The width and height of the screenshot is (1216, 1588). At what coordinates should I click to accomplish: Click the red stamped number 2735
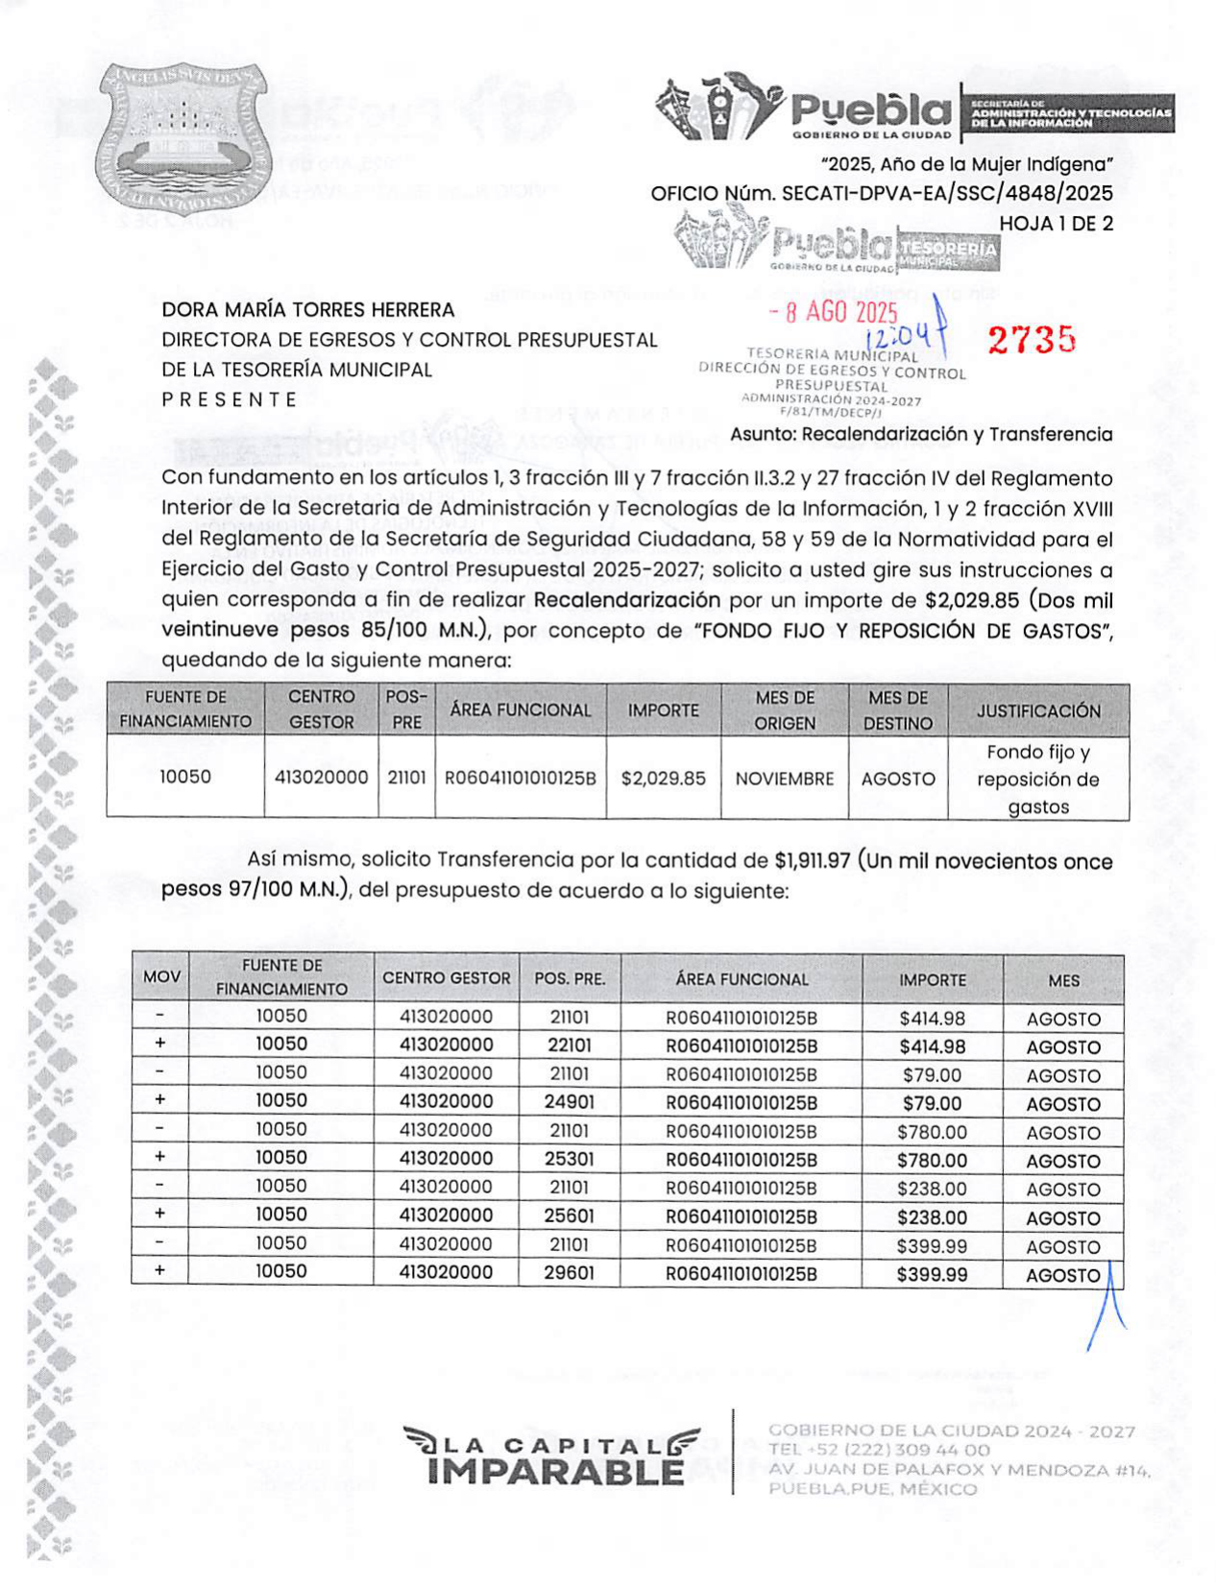[x=1031, y=339]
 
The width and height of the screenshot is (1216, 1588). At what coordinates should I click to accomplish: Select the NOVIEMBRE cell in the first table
[x=784, y=778]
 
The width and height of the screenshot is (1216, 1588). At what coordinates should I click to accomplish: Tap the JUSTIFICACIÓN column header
[x=1037, y=710]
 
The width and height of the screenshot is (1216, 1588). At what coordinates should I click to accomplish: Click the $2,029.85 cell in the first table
[x=663, y=778]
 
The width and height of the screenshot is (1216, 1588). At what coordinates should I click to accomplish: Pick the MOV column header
[x=161, y=977]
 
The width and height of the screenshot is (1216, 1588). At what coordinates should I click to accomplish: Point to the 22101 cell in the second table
[x=569, y=1045]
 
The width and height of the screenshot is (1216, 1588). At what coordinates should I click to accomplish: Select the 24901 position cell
[x=569, y=1101]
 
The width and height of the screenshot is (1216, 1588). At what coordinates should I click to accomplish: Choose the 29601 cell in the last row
[x=569, y=1272]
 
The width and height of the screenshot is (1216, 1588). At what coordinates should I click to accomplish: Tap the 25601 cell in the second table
[x=569, y=1215]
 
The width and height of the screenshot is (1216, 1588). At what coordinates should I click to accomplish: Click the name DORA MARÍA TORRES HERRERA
[x=307, y=309]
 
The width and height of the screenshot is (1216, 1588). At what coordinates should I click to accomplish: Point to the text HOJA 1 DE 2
[x=1056, y=223]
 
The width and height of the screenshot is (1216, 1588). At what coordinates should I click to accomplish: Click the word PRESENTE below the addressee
[x=230, y=399]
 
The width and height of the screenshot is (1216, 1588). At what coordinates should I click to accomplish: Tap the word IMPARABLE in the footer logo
[x=555, y=1471]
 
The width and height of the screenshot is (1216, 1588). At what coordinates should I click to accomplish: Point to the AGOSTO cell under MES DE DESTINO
[x=897, y=779]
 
